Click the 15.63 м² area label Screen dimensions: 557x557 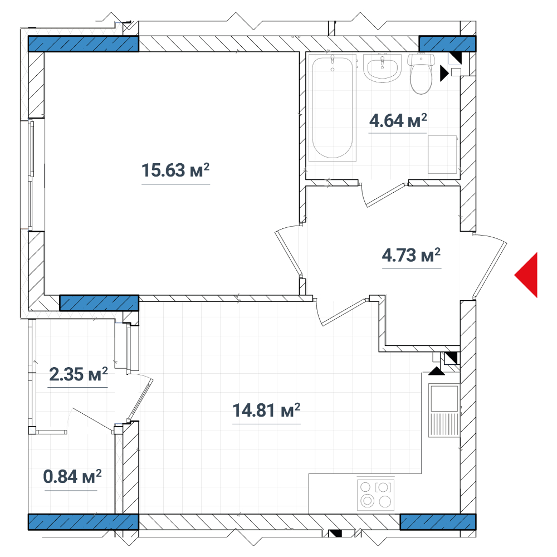(x=175, y=170)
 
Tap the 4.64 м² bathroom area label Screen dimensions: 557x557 (x=398, y=121)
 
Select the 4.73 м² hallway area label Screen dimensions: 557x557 (x=411, y=255)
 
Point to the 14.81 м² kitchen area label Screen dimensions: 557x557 (x=266, y=411)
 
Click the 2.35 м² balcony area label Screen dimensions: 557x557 (x=78, y=374)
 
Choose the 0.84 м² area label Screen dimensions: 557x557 (x=72, y=476)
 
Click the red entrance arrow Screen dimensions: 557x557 (x=526, y=275)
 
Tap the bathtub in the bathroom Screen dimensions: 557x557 (x=333, y=108)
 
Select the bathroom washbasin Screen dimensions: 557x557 (x=382, y=68)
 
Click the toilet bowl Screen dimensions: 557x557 (x=421, y=74)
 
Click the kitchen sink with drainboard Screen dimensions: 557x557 (x=444, y=411)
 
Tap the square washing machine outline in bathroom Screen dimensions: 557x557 (x=442, y=154)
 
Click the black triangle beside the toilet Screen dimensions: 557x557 (x=444, y=73)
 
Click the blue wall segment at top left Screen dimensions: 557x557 (x=83, y=44)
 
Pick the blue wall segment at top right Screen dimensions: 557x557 (x=448, y=43)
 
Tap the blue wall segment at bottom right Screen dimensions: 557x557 (x=438, y=522)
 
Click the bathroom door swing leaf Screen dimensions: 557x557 (x=386, y=195)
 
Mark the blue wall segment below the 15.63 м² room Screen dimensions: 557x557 (x=99, y=303)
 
